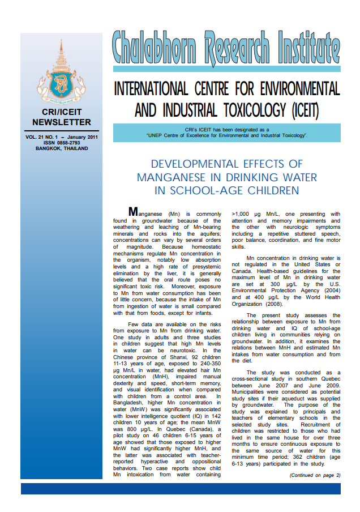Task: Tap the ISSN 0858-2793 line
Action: click(x=61, y=143)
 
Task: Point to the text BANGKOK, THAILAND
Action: click(x=61, y=148)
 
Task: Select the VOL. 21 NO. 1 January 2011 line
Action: click(x=61, y=137)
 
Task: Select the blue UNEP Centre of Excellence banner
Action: click(x=226, y=133)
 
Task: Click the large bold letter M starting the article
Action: click(x=134, y=212)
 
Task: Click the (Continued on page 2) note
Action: click(x=315, y=475)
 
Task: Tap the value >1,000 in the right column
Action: click(x=244, y=214)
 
